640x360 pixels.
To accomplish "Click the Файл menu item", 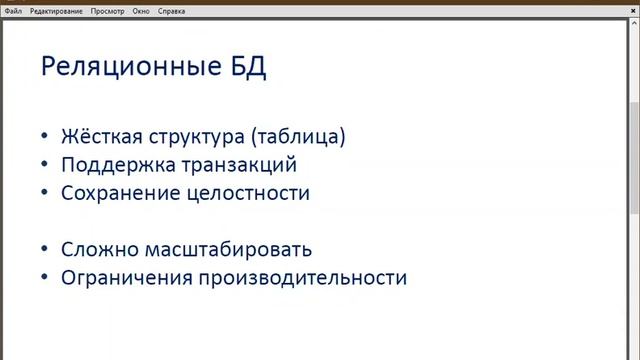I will tap(13, 10).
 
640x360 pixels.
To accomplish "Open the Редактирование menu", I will tap(56, 10).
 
